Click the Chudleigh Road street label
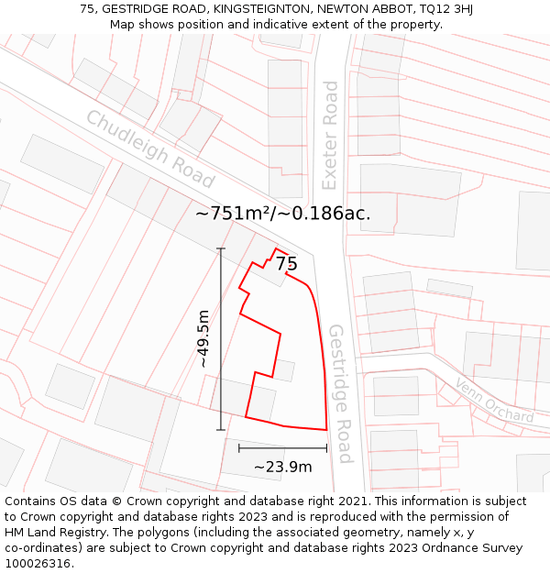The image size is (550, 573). (149, 149)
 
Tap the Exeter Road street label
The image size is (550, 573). (330, 135)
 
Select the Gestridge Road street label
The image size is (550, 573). (340, 393)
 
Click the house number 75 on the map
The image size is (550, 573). (286, 264)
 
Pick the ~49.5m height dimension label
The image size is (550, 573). (203, 339)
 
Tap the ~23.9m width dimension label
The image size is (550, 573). (282, 467)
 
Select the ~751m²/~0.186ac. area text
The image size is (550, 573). (282, 214)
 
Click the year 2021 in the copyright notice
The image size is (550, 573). (353, 501)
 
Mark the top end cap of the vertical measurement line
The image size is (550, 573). (220, 248)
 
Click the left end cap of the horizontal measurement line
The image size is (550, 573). (239, 448)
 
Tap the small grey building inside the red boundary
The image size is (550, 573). (284, 370)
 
